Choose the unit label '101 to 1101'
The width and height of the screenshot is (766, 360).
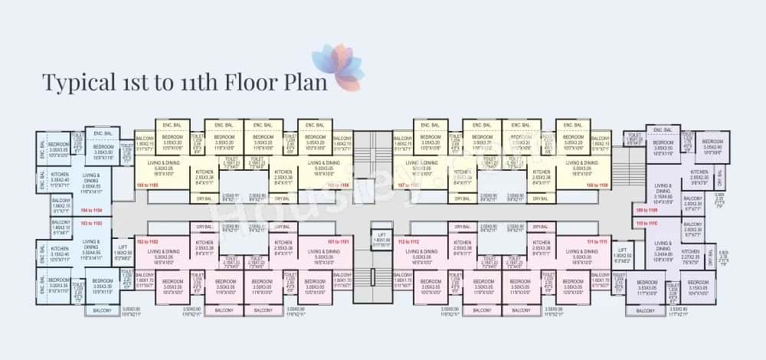click(339, 241)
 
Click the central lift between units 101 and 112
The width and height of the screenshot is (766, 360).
click(381, 240)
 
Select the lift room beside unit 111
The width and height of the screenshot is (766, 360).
click(622, 252)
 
